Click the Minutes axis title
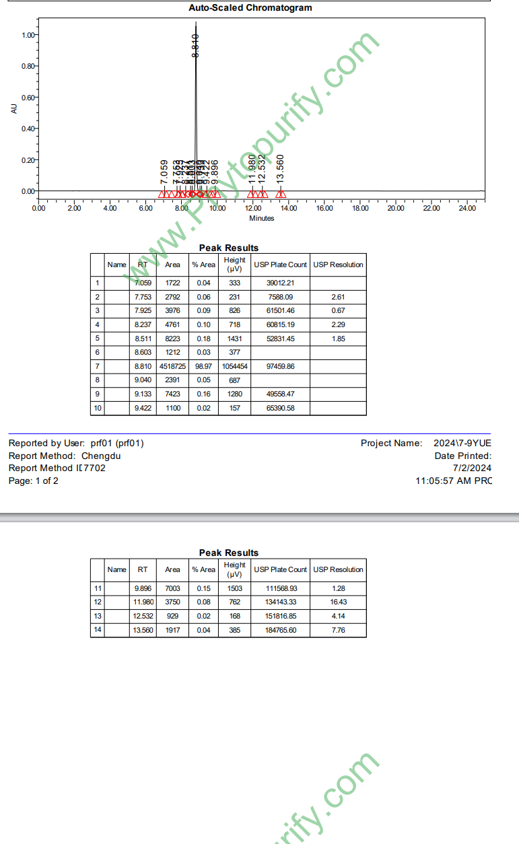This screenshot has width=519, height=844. click(x=262, y=218)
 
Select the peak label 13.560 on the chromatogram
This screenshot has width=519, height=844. click(x=281, y=168)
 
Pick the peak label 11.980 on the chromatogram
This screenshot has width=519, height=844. click(x=252, y=168)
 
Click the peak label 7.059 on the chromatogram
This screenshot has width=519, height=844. click(x=164, y=172)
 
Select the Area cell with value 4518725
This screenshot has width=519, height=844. click(x=172, y=366)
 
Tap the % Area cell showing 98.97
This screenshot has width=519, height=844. click(x=203, y=366)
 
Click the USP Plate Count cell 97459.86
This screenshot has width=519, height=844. click(x=280, y=366)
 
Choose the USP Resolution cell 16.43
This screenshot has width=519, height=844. click(x=338, y=602)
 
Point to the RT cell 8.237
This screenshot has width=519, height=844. click(x=143, y=324)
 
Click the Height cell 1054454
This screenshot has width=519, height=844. click(x=234, y=366)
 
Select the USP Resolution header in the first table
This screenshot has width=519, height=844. click(x=338, y=265)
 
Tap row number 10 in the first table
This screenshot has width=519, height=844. click(x=98, y=408)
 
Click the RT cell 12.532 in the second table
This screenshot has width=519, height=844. click(x=143, y=616)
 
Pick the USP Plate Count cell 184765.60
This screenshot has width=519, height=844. click(x=280, y=630)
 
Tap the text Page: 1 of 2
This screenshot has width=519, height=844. click(x=33, y=481)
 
